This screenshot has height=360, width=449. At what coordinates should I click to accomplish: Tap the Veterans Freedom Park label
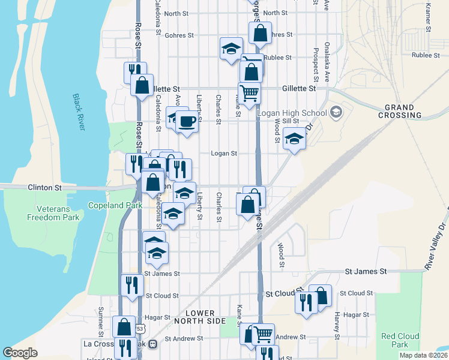[53, 211]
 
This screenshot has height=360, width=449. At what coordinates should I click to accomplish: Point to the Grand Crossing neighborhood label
[400, 111]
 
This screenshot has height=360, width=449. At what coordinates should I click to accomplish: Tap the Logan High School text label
[292, 113]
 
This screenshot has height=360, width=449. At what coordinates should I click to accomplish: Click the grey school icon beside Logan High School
[336, 112]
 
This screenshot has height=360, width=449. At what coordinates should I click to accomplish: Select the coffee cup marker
[187, 121]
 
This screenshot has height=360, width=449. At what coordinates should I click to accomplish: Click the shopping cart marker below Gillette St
[249, 93]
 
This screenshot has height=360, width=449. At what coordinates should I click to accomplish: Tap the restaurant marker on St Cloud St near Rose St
[131, 284]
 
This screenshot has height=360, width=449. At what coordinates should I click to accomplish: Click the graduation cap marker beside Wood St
[294, 139]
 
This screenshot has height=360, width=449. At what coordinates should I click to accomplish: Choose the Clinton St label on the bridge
[45, 188]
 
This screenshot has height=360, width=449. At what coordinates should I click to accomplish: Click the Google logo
[20, 353]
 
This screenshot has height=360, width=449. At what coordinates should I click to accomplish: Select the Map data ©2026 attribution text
[423, 355]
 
